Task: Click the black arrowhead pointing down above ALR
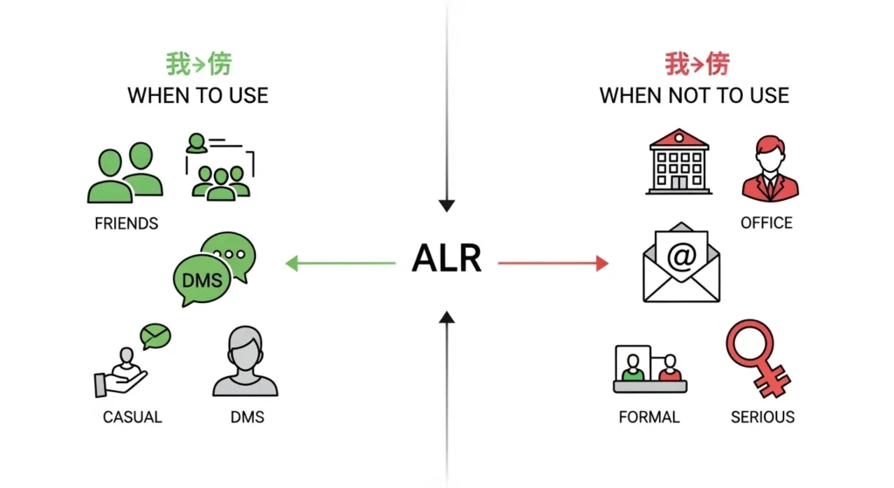click(447, 206)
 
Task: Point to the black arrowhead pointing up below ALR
click(447, 317)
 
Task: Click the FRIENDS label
click(127, 223)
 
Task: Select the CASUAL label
click(133, 416)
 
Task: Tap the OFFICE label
click(767, 223)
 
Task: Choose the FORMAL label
click(649, 416)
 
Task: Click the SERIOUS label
click(763, 416)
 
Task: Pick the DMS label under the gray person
click(247, 416)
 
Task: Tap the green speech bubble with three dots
click(230, 254)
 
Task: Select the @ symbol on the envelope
click(681, 255)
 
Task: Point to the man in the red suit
click(770, 168)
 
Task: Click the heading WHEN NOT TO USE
click(694, 95)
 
